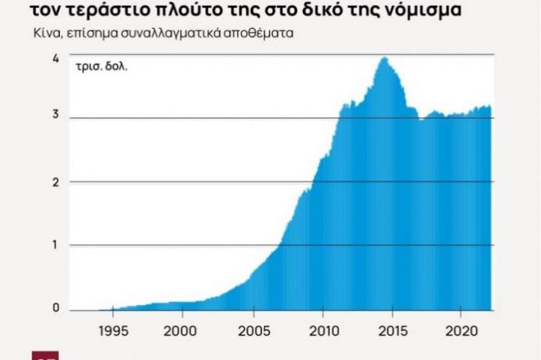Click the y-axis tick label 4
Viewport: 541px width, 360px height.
tap(56, 58)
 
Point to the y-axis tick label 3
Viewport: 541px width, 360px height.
tap(56, 118)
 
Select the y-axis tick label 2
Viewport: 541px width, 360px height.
tap(56, 181)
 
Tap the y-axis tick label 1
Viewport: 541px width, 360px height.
tap(56, 245)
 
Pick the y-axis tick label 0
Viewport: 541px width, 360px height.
tap(56, 309)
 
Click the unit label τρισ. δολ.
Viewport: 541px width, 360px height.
tap(95, 69)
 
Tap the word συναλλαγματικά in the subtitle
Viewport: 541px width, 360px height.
tap(183, 33)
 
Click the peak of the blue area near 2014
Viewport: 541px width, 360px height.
tap(384, 58)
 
